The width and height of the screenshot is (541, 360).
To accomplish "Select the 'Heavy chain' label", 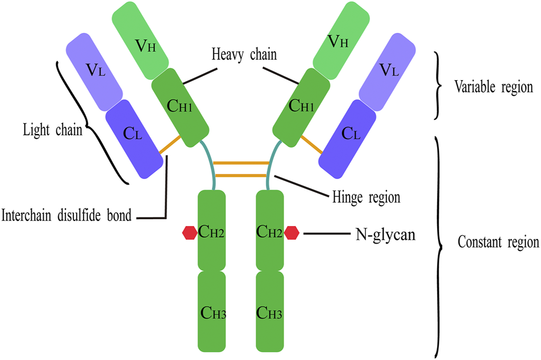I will click(x=244, y=55).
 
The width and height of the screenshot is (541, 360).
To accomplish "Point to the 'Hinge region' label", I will click(x=366, y=198).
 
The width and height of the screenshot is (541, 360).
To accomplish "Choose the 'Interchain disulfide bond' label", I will click(x=67, y=216).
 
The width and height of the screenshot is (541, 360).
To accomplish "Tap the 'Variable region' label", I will click(x=493, y=87).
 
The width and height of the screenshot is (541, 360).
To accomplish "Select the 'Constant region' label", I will click(x=498, y=243).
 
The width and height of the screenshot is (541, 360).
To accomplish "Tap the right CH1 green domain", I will click(x=301, y=105).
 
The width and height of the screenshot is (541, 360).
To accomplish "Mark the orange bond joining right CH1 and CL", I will click(x=311, y=144).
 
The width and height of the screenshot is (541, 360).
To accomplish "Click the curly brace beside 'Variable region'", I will click(x=439, y=86).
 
